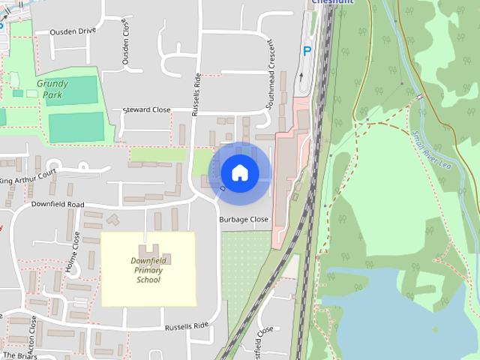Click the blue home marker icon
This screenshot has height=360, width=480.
point(239,172)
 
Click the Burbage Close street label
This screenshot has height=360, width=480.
point(243,220)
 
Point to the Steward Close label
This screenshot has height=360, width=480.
point(146,109)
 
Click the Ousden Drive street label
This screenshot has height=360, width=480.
point(73,32)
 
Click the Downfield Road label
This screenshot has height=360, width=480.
point(58,204)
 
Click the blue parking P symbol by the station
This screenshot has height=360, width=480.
point(306,51)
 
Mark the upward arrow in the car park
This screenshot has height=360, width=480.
point(301,76)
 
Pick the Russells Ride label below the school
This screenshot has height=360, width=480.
point(186,326)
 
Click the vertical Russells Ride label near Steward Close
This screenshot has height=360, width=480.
point(196,94)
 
